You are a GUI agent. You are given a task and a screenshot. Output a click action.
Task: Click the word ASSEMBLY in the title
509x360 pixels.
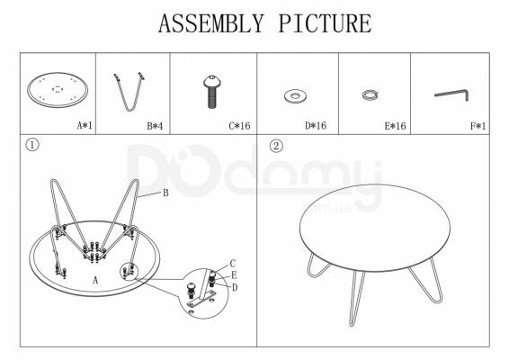(x=210, y=23)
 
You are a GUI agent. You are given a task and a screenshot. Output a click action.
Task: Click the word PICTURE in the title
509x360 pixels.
(x=325, y=23)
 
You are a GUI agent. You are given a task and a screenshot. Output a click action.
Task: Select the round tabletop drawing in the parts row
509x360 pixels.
(x=58, y=90)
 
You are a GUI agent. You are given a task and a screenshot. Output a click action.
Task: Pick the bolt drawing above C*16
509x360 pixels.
(x=212, y=92)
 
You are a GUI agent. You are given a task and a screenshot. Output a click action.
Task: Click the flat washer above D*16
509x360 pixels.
(x=296, y=96)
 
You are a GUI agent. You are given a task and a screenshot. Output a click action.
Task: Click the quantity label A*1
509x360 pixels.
(x=85, y=125)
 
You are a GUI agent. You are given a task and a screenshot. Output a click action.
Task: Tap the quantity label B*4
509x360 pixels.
(x=155, y=125)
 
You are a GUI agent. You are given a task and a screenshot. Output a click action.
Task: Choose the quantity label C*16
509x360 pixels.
(x=239, y=125)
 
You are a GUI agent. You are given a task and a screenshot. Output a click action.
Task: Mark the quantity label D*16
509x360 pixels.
(x=316, y=125)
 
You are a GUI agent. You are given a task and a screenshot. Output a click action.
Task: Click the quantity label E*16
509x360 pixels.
(x=395, y=125)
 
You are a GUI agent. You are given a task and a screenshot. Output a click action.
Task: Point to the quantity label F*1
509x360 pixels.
(x=478, y=125)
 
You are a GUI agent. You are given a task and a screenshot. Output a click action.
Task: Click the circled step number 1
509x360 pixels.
(x=32, y=145)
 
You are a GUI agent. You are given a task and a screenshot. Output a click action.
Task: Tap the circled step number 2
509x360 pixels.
(x=276, y=146)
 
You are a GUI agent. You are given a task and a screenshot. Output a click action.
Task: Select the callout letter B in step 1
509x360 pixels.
(x=165, y=193)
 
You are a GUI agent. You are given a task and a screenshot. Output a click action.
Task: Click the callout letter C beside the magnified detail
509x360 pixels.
(x=232, y=264)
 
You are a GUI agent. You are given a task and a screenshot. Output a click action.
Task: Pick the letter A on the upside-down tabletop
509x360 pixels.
(x=95, y=280)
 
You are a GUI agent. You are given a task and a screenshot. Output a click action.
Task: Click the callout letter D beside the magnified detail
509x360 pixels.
(x=235, y=287)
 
